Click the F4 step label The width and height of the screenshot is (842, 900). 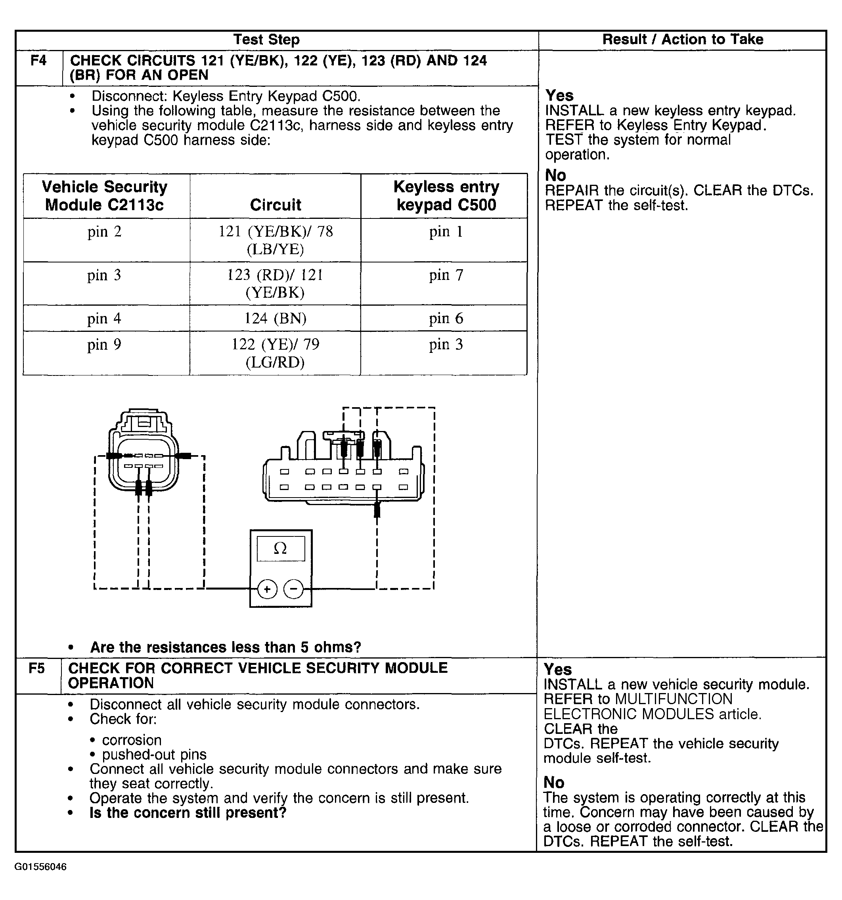[x=38, y=61]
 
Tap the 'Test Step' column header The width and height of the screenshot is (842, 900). [x=266, y=40]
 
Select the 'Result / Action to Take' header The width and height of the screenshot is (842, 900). [x=682, y=40]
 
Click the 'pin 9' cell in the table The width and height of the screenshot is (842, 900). [x=105, y=345]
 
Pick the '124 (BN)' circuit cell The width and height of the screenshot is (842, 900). [x=275, y=319]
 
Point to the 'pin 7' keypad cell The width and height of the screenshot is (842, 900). [x=446, y=275]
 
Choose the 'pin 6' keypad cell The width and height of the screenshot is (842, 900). [x=446, y=319]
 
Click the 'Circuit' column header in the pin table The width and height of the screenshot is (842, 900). [x=275, y=205]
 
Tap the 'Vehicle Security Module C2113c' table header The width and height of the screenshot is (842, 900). [x=105, y=196]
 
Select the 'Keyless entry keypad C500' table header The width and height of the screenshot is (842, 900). [x=446, y=196]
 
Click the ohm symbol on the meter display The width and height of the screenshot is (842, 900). [x=281, y=549]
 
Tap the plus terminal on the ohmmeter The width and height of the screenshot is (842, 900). [x=267, y=590]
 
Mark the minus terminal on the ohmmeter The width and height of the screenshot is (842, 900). [x=293, y=590]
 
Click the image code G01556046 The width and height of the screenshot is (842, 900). [x=41, y=867]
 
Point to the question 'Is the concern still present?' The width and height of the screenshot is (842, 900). [x=188, y=813]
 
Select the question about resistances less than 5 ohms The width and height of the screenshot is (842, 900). [x=226, y=647]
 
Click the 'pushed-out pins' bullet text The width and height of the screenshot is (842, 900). [x=154, y=754]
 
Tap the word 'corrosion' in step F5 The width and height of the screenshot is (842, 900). [x=132, y=740]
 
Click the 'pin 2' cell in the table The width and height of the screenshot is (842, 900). [x=105, y=232]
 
